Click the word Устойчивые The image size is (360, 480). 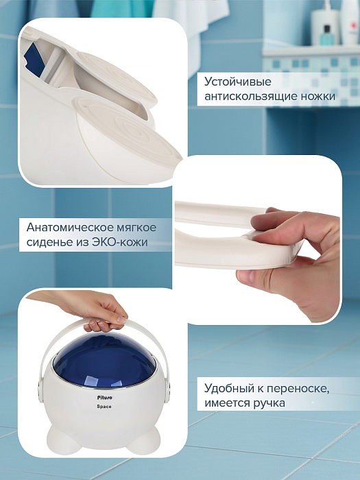pyautogui.click(x=237, y=82)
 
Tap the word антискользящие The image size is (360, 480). pyautogui.click(x=251, y=97)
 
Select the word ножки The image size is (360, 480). pyautogui.click(x=317, y=96)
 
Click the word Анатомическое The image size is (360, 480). pyautogui.click(x=70, y=228)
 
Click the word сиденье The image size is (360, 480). pyautogui.click(x=49, y=242)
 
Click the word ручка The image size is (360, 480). pyautogui.click(x=269, y=403)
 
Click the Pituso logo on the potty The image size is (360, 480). pyautogui.click(x=105, y=398)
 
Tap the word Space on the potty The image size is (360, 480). pyautogui.click(x=104, y=407)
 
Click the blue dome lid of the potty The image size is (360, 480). pyautogui.click(x=104, y=359)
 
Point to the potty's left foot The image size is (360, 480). pyautogui.click(x=60, y=437)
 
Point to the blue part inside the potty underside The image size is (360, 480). pyautogui.click(x=33, y=60)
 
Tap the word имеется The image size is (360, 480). pyautogui.click(x=227, y=403)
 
